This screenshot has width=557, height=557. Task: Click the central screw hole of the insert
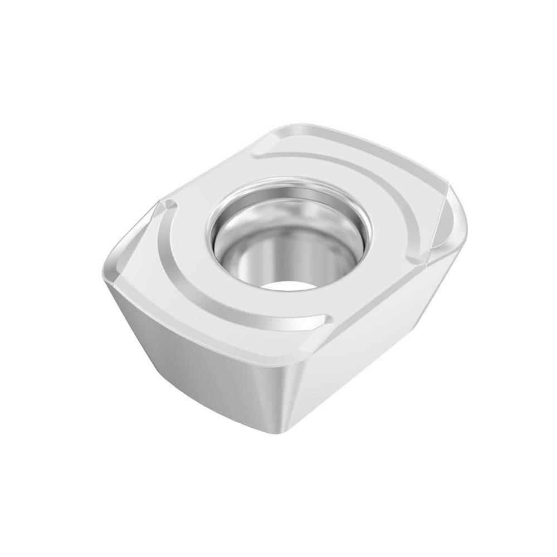click(290, 237)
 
